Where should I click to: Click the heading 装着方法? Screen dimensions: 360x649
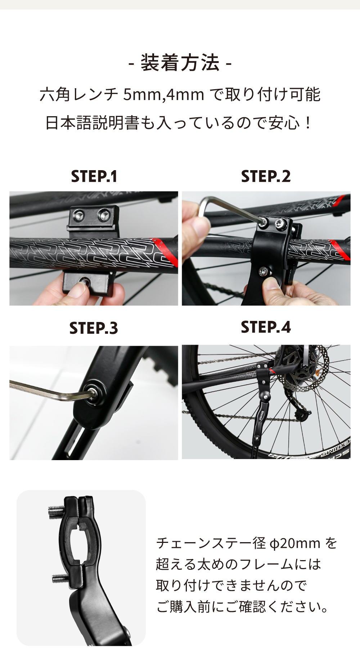tap(180, 63)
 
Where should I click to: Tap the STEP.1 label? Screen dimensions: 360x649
tap(94, 176)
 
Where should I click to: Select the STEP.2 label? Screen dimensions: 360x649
tap(266, 176)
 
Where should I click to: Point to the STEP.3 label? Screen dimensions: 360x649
tap(94, 328)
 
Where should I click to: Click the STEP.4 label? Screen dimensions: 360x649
tap(266, 327)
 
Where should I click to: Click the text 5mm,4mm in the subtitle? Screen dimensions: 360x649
tap(164, 95)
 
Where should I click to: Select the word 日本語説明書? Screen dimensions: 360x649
tap(92, 123)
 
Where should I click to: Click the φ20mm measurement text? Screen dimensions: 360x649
tap(295, 543)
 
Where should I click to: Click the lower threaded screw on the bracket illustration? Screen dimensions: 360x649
tap(60, 578)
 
